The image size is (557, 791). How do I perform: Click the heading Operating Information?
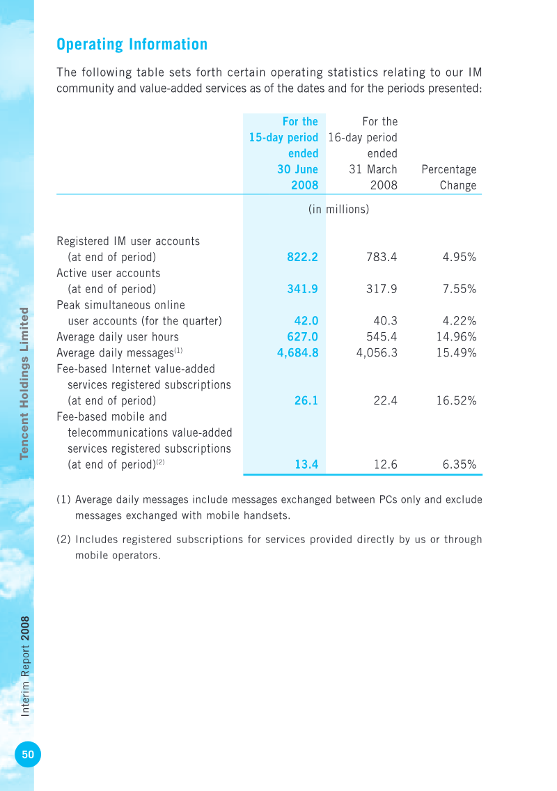tap(132, 45)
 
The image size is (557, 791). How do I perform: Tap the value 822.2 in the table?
tap(302, 257)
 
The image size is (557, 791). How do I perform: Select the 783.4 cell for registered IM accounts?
tap(382, 257)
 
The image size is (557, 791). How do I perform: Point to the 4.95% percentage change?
tap(459, 257)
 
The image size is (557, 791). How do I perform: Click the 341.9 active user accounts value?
tap(302, 289)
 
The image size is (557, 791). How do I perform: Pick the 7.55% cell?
tap(459, 289)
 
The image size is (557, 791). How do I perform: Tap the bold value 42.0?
tap(306, 321)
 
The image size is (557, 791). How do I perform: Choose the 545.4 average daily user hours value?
tap(382, 337)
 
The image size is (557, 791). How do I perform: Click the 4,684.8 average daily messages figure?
tap(298, 353)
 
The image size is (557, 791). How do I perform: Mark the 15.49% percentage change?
tap(456, 353)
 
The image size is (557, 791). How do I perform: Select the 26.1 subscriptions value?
tap(306, 400)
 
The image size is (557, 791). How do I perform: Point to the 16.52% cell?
tap(456, 400)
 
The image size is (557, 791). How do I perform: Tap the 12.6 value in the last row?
tap(386, 464)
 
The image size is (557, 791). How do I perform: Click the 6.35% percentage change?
tap(459, 464)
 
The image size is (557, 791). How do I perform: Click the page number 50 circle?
tap(28, 755)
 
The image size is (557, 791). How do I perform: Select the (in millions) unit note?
tap(338, 210)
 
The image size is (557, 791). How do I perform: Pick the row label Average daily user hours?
tap(118, 337)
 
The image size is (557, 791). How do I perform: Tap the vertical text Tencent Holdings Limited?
tap(24, 384)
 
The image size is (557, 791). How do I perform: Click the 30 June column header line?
tap(298, 169)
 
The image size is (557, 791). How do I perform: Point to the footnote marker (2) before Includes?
tap(63, 539)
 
